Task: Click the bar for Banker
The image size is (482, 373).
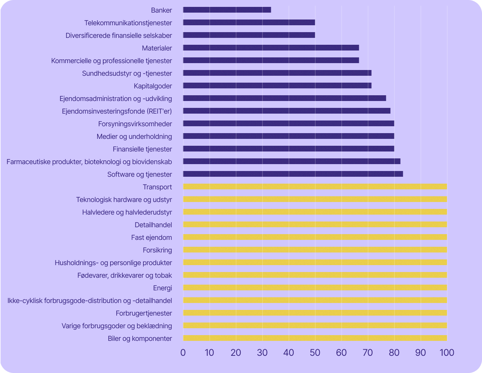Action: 227,10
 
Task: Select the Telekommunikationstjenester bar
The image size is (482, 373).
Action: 249,23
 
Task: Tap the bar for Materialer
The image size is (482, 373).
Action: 271,48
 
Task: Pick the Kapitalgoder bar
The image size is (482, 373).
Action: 277,86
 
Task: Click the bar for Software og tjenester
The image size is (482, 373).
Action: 293,174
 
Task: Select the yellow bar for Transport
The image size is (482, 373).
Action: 315,187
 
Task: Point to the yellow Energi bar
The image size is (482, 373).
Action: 315,288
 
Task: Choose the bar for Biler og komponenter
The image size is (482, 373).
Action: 315,338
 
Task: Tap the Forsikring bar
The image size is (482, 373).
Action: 315,250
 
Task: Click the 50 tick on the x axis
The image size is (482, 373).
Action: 315,352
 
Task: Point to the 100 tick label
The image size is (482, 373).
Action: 446,352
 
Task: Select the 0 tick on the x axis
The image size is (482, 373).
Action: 183,352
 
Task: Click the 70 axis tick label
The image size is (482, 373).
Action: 368,352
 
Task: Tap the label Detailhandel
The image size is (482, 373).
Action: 153,225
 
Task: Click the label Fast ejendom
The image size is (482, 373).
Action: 151,238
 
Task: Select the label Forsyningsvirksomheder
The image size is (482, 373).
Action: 135,124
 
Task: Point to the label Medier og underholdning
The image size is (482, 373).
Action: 134,137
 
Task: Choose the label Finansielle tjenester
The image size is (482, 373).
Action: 142,149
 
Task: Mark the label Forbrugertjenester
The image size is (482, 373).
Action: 144,313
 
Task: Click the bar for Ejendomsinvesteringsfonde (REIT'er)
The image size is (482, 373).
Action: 287,111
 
